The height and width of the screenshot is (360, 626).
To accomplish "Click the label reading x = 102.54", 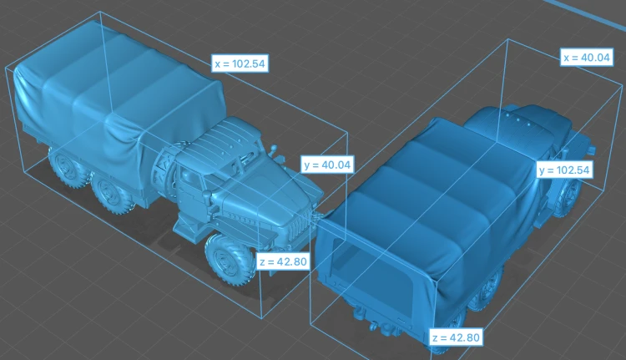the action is coord(240,63).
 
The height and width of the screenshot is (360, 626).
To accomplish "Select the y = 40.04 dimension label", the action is coord(327,165).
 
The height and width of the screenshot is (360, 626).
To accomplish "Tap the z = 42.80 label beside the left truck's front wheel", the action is coord(283,261).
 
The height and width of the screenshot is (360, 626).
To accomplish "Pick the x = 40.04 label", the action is coord(587,58).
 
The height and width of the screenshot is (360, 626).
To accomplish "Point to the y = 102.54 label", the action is coord(564,170).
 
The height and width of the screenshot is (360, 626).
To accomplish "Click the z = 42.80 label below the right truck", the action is coord(456,337).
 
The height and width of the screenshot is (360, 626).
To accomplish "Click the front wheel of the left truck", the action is coord(230,259).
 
